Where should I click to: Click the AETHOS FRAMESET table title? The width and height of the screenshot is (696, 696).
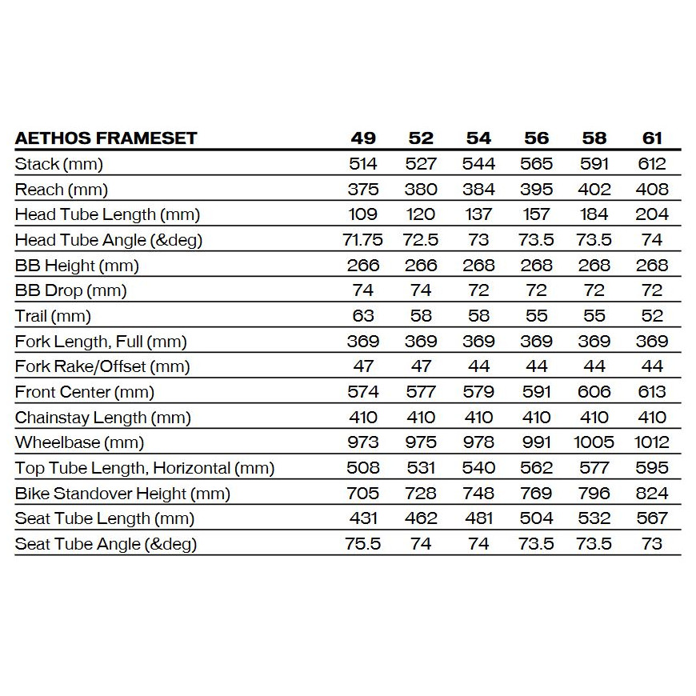[x=106, y=138]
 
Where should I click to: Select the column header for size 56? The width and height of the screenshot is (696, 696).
[x=536, y=138]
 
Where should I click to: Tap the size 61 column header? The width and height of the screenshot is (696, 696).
[x=652, y=138]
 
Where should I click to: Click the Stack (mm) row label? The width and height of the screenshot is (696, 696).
[x=59, y=164]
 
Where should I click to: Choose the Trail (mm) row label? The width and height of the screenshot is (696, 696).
[x=53, y=316]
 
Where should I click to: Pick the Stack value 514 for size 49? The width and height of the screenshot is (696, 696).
[x=362, y=164]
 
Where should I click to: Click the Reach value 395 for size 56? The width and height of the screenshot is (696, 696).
[x=536, y=190]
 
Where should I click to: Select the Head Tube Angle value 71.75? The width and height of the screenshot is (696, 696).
[x=362, y=240]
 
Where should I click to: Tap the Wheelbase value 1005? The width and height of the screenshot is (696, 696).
[x=594, y=442]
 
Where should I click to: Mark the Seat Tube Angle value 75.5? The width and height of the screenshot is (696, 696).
[x=362, y=544]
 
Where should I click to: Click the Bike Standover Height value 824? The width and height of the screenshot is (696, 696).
[x=652, y=494]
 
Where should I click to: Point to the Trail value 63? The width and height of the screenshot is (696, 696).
[x=362, y=316]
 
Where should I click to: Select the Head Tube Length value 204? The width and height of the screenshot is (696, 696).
[x=652, y=214]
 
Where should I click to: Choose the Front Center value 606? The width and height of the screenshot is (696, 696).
[x=594, y=392]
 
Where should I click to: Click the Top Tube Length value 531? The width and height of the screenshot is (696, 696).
[x=421, y=468]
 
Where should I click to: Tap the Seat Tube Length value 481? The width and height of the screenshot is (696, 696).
[x=478, y=518]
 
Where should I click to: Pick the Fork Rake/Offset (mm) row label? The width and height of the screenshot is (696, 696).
[x=102, y=366]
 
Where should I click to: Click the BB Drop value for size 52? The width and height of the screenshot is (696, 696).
[x=421, y=290]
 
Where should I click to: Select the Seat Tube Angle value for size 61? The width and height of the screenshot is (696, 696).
[x=652, y=544]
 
